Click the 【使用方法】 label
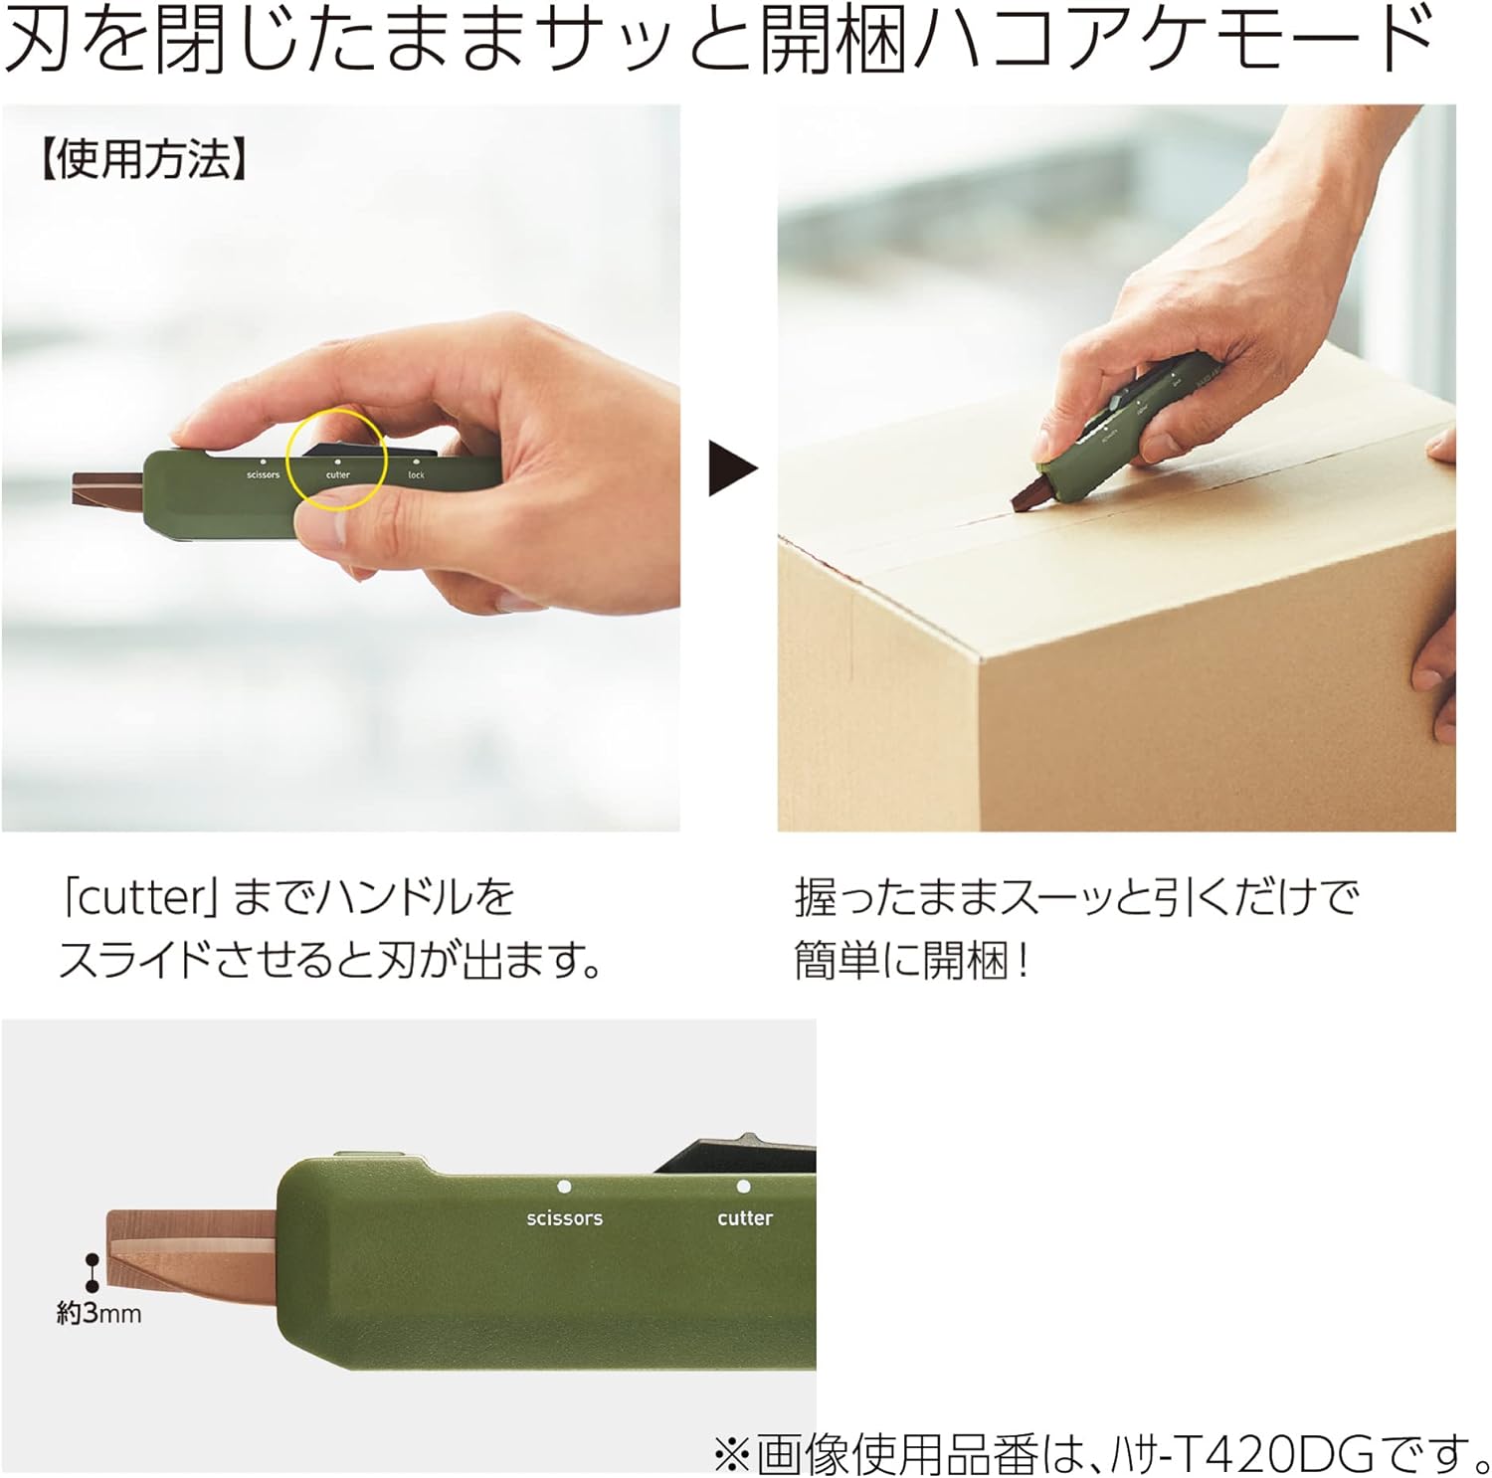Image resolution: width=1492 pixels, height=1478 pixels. pyautogui.click(x=141, y=159)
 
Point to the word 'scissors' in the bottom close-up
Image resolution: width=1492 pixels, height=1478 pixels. pyautogui.click(x=565, y=1218)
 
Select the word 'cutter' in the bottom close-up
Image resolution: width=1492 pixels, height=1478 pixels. pyautogui.click(x=745, y=1218)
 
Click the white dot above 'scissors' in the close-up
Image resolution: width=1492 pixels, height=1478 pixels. pyautogui.click(x=564, y=1187)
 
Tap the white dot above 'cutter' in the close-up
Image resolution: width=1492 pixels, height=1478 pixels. pyautogui.click(x=743, y=1187)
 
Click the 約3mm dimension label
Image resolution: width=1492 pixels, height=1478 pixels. pyautogui.click(x=98, y=1314)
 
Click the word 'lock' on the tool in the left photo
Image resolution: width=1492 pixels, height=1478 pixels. pyautogui.click(x=416, y=475)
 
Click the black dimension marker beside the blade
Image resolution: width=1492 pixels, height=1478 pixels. pyautogui.click(x=93, y=1271)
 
